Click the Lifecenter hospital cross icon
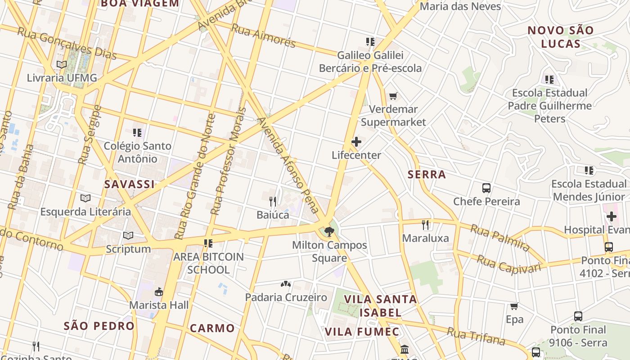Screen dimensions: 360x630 click(356, 142)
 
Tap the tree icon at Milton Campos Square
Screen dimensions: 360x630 click(329, 232)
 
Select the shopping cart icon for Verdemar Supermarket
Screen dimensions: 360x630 click(393, 96)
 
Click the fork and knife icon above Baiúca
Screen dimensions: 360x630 click(273, 201)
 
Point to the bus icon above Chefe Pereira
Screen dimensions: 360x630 click(486, 188)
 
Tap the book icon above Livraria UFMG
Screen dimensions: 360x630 click(62, 65)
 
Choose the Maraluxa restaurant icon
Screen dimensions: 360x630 click(425, 225)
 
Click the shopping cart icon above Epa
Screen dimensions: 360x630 click(514, 306)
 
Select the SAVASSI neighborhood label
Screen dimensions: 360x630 click(130, 184)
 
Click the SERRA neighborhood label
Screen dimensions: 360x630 click(427, 175)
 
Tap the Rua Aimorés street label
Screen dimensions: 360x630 click(263, 36)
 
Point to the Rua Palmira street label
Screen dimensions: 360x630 click(500, 238)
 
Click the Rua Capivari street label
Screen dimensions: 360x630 click(508, 264)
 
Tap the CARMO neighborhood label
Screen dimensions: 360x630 click(212, 328)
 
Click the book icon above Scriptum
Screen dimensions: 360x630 click(128, 235)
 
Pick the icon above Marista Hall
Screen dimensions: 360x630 click(158, 292)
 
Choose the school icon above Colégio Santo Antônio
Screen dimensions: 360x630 click(137, 133)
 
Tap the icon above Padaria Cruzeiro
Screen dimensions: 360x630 click(286, 284)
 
